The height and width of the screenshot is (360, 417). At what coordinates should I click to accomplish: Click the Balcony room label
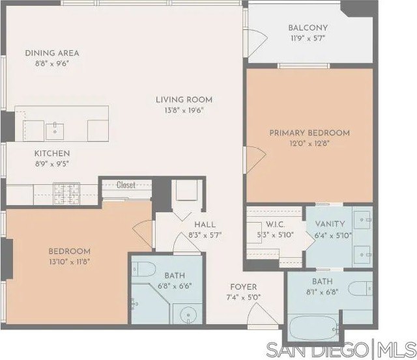[308, 28]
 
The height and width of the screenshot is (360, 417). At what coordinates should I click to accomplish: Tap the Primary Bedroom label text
[309, 133]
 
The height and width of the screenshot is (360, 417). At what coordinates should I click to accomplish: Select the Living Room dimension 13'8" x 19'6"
[184, 111]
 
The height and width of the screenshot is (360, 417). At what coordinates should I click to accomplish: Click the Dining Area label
[52, 53]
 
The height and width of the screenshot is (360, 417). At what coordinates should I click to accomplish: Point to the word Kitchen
[52, 154]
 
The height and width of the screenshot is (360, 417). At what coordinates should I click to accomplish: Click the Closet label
[126, 185]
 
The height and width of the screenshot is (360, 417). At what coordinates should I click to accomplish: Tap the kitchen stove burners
[66, 190]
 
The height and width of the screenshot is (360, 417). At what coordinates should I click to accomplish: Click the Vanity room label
[332, 225]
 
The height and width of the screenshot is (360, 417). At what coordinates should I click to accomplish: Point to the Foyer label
[244, 286]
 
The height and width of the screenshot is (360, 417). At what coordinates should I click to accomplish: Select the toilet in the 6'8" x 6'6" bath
[144, 269]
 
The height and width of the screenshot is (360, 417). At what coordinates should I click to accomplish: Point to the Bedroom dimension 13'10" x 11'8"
[69, 262]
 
